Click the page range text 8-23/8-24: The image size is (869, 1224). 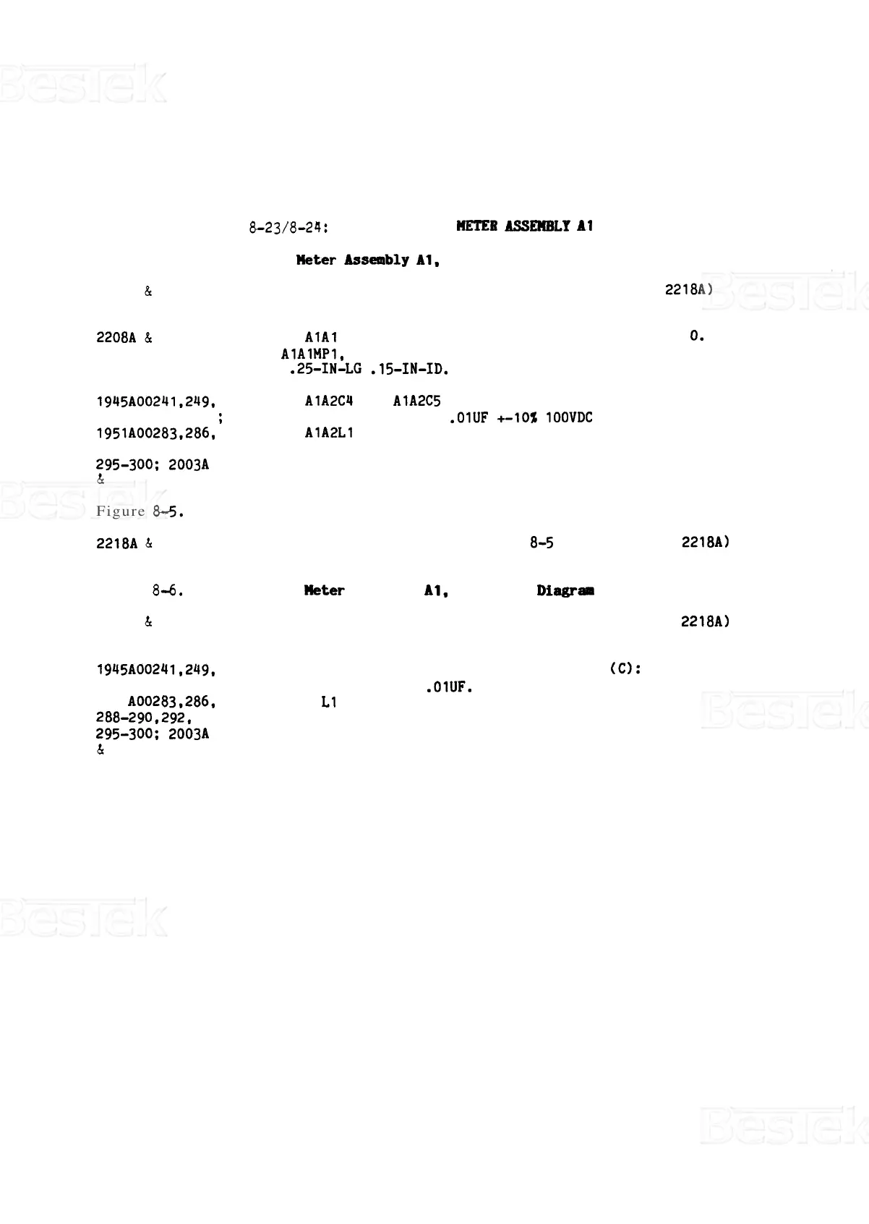click(289, 228)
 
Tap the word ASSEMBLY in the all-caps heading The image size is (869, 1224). click(539, 226)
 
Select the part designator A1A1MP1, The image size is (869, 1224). click(312, 354)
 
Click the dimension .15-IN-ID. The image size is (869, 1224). click(409, 370)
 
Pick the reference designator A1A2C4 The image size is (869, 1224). click(329, 401)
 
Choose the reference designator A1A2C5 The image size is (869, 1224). click(417, 401)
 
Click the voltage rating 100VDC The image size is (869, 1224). click(569, 418)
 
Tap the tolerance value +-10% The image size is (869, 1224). click(517, 418)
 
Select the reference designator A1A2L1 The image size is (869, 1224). click(329, 433)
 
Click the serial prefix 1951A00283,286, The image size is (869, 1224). click(156, 434)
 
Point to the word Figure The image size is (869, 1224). click(121, 511)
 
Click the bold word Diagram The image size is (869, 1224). click(565, 591)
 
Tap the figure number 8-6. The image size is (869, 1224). click(168, 591)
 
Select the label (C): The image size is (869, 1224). click(625, 669)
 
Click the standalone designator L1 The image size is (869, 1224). click(329, 702)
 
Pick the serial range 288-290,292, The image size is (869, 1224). click(144, 718)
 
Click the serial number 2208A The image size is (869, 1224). click(116, 338)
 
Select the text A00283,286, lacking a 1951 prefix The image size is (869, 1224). click(172, 702)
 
